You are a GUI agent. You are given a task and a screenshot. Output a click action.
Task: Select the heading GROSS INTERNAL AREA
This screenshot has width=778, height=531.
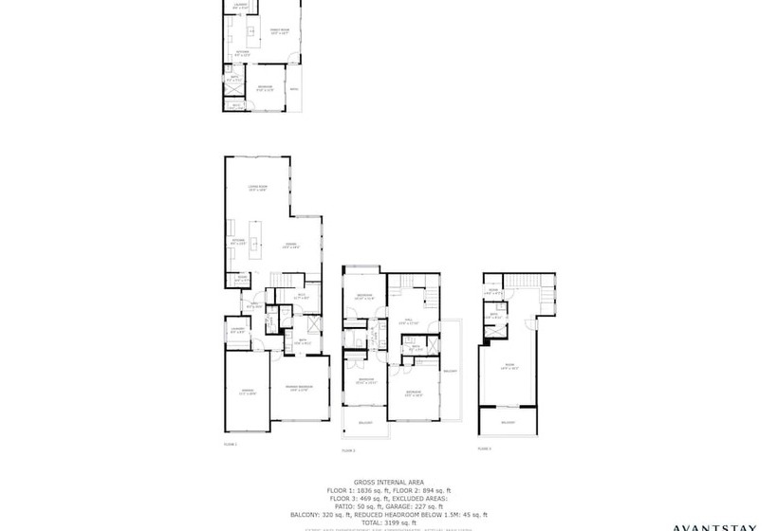pos(389,481)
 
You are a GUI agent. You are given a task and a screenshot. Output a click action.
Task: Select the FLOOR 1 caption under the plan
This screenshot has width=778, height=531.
pos(230,444)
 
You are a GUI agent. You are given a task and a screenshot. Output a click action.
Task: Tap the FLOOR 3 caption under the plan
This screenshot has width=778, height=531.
pos(485,448)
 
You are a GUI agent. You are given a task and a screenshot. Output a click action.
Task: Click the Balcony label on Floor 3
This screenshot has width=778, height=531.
pos(508,422)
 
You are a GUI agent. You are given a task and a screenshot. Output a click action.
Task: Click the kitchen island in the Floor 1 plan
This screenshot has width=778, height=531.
pos(255,232)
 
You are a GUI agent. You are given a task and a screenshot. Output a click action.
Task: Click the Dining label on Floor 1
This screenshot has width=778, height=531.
pos(290,246)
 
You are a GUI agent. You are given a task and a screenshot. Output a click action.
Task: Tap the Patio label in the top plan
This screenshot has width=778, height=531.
pos(294,89)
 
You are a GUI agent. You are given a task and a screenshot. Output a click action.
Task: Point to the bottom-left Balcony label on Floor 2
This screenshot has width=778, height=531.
pos(364,422)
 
